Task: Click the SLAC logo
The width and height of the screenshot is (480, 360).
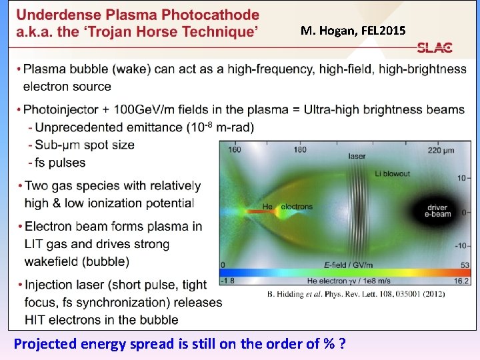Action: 435,48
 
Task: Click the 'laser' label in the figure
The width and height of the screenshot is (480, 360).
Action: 357,157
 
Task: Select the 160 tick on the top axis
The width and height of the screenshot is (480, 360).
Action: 234,150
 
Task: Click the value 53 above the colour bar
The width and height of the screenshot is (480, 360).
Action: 465,265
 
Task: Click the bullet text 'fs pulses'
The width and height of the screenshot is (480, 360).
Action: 60,163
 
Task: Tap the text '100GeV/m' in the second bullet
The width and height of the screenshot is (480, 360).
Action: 140,109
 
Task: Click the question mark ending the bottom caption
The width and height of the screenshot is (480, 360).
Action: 341,345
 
